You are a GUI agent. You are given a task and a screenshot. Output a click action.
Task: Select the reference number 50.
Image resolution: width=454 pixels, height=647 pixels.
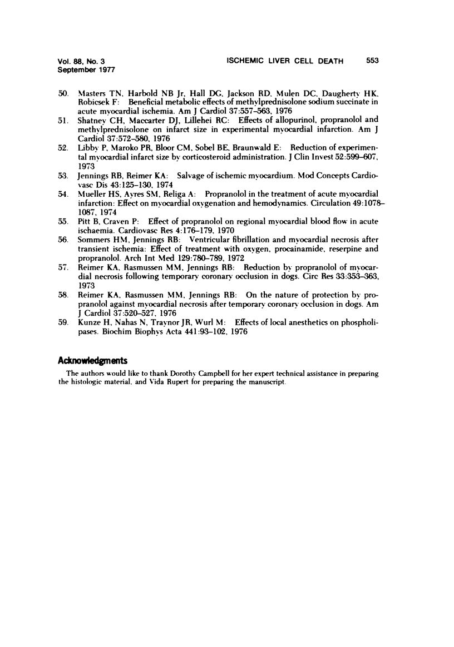pyautogui.click(x=63, y=91)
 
